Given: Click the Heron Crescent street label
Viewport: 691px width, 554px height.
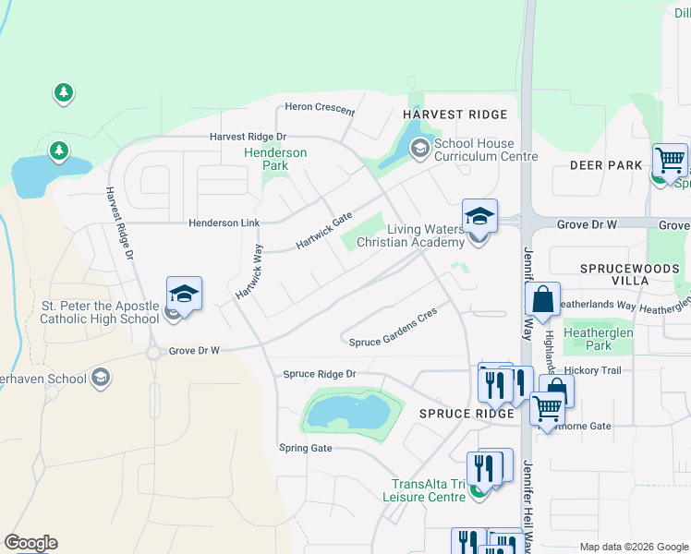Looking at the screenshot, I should coord(320,109).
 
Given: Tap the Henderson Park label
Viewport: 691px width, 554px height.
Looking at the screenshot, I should coord(275,159).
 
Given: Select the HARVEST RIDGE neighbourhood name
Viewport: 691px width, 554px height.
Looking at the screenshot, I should coord(455,114).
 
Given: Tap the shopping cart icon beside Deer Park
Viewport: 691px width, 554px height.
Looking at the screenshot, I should coord(669,161).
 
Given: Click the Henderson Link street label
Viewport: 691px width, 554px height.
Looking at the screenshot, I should coord(224,223).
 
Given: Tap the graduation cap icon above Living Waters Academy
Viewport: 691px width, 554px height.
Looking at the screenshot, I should coord(479,216).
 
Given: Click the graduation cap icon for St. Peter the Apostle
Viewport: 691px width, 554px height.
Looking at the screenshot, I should coord(184,294).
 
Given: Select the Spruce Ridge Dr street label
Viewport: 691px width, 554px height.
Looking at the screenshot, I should coord(319,374).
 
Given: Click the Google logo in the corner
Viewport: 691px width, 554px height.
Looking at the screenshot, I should coord(30,543).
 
